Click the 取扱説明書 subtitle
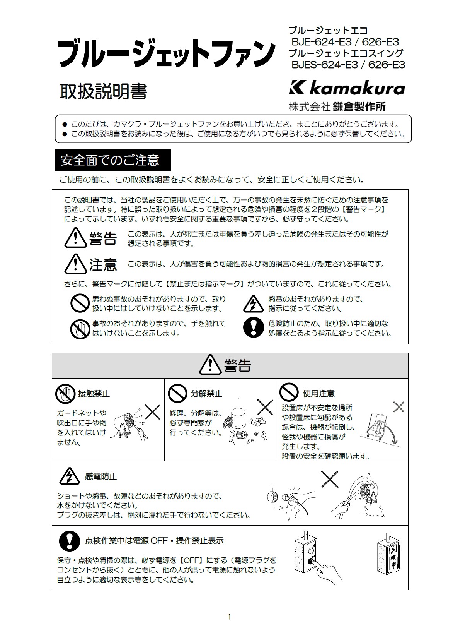pyautogui.click(x=103, y=92)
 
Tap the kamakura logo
pyautogui.click(x=347, y=88)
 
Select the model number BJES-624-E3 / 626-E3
pyautogui.click(x=348, y=65)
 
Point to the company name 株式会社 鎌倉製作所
pyautogui.click(x=337, y=107)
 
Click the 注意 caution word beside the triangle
pyautogui.click(x=103, y=264)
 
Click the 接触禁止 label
pyautogui.click(x=94, y=394)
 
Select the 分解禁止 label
pyautogui.click(x=206, y=394)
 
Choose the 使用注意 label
pyautogui.click(x=319, y=394)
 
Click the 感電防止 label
pyautogui.click(x=101, y=476)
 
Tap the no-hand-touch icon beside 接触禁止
pyautogui.click(x=65, y=394)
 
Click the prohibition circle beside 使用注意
pyautogui.click(x=289, y=392)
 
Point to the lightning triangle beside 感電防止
pyautogui.click(x=70, y=476)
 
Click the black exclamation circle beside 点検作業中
pyautogui.click(x=69, y=541)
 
